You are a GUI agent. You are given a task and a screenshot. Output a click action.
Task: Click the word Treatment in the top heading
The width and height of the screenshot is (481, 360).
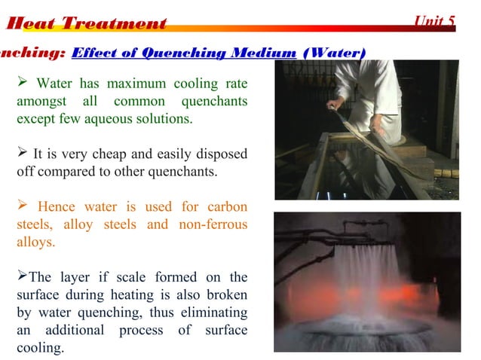114,23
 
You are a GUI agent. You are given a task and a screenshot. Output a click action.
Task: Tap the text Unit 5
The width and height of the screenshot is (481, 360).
435,22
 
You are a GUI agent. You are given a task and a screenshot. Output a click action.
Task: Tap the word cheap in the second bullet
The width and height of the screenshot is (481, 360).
106,154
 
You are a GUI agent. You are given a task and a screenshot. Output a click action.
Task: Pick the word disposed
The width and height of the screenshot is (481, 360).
220,154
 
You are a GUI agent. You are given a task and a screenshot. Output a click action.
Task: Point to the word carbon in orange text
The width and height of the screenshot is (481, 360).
224,207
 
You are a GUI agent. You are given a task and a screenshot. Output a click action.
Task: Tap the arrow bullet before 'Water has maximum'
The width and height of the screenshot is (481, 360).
23,83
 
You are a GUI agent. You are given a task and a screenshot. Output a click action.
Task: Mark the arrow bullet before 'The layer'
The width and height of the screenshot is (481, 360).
22,276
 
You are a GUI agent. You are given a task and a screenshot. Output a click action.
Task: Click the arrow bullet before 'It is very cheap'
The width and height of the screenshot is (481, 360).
22,154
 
